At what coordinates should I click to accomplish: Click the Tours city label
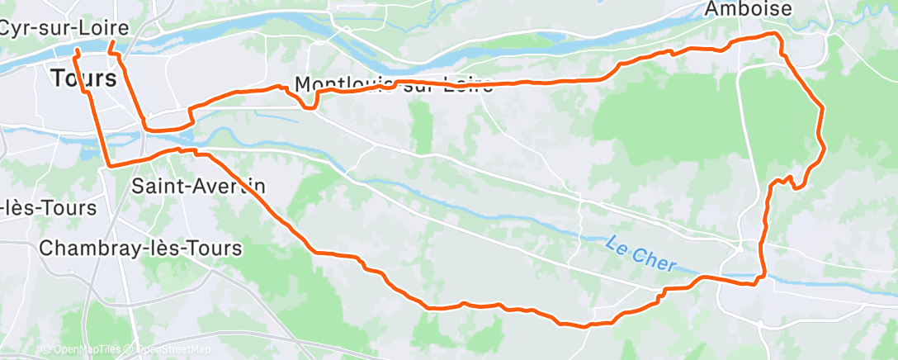[x=83, y=79]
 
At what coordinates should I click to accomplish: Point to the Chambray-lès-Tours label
[x=140, y=248]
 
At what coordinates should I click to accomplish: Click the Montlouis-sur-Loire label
[x=393, y=85]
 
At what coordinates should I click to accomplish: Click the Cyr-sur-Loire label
[x=64, y=27]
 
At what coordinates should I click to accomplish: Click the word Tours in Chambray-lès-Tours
[x=215, y=248]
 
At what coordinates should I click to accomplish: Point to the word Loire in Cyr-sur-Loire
[x=105, y=27]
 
